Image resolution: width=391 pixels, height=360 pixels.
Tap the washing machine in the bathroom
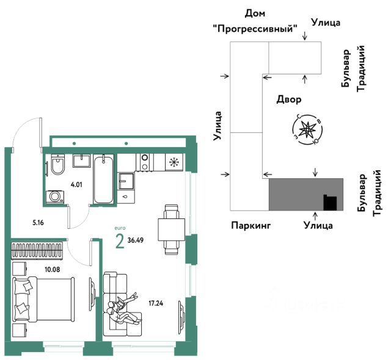pos(55,196)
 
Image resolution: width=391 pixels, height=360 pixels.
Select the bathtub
pos(103,179)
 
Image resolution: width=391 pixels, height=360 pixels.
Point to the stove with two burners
pos(145,162)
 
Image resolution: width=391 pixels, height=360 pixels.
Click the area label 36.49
pos(136,240)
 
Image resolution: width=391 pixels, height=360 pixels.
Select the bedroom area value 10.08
pos(53,269)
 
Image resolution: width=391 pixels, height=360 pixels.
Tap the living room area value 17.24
pos(156,303)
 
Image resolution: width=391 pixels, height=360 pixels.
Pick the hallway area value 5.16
pos(38,223)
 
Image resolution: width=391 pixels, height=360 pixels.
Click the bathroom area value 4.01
pos(76,185)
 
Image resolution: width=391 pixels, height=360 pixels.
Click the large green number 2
pos(120,242)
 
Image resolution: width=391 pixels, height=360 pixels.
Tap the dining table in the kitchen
pos(171,229)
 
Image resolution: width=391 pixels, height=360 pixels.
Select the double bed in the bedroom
pos(43,299)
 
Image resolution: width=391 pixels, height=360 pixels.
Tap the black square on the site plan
pos(330,203)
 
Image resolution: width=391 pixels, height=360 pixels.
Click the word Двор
pos(289,99)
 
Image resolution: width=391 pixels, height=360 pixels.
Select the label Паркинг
pos(251,225)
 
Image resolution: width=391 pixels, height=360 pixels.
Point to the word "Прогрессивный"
pos(255,29)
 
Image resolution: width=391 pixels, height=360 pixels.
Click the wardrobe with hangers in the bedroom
pos(37,250)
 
